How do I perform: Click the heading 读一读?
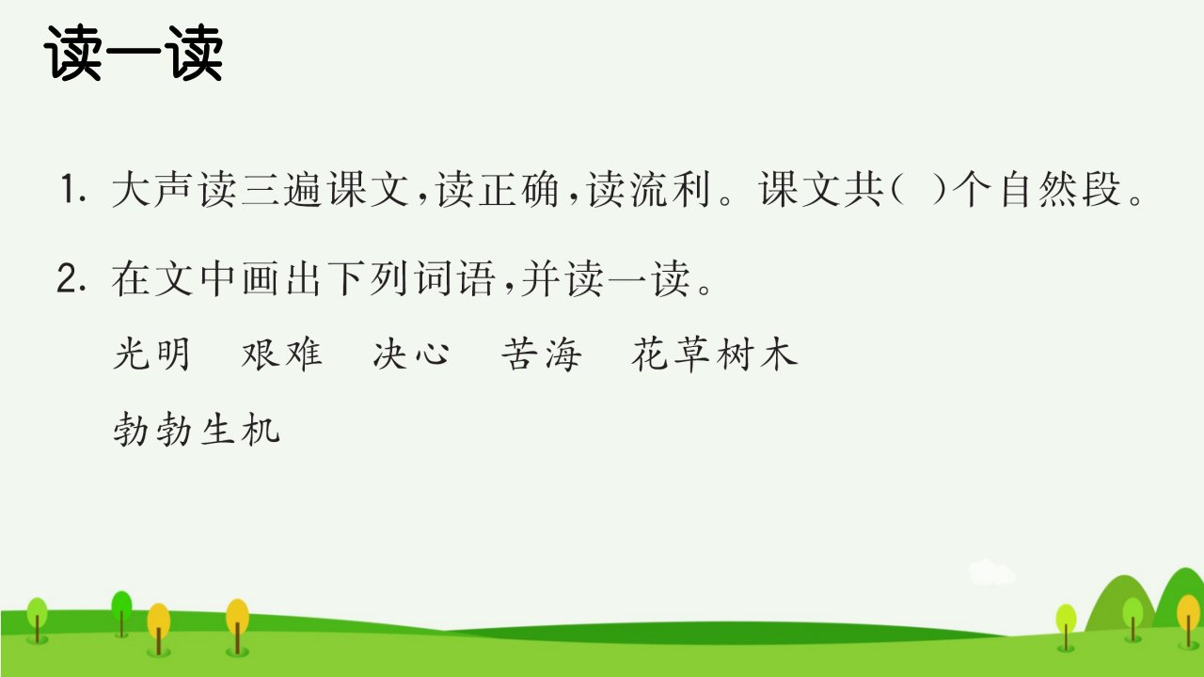point(134,54)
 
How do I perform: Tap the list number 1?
point(73,189)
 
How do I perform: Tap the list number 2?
point(72,278)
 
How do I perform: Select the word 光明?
point(152,354)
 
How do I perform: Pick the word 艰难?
point(281,354)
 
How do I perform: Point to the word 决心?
point(411,354)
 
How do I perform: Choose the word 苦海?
point(541,354)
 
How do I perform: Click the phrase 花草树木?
point(715,354)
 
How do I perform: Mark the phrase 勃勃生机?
point(197,429)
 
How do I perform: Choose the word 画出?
point(281,278)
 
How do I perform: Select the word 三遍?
point(281,189)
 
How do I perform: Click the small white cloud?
point(991,572)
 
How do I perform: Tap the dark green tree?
point(121,612)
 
